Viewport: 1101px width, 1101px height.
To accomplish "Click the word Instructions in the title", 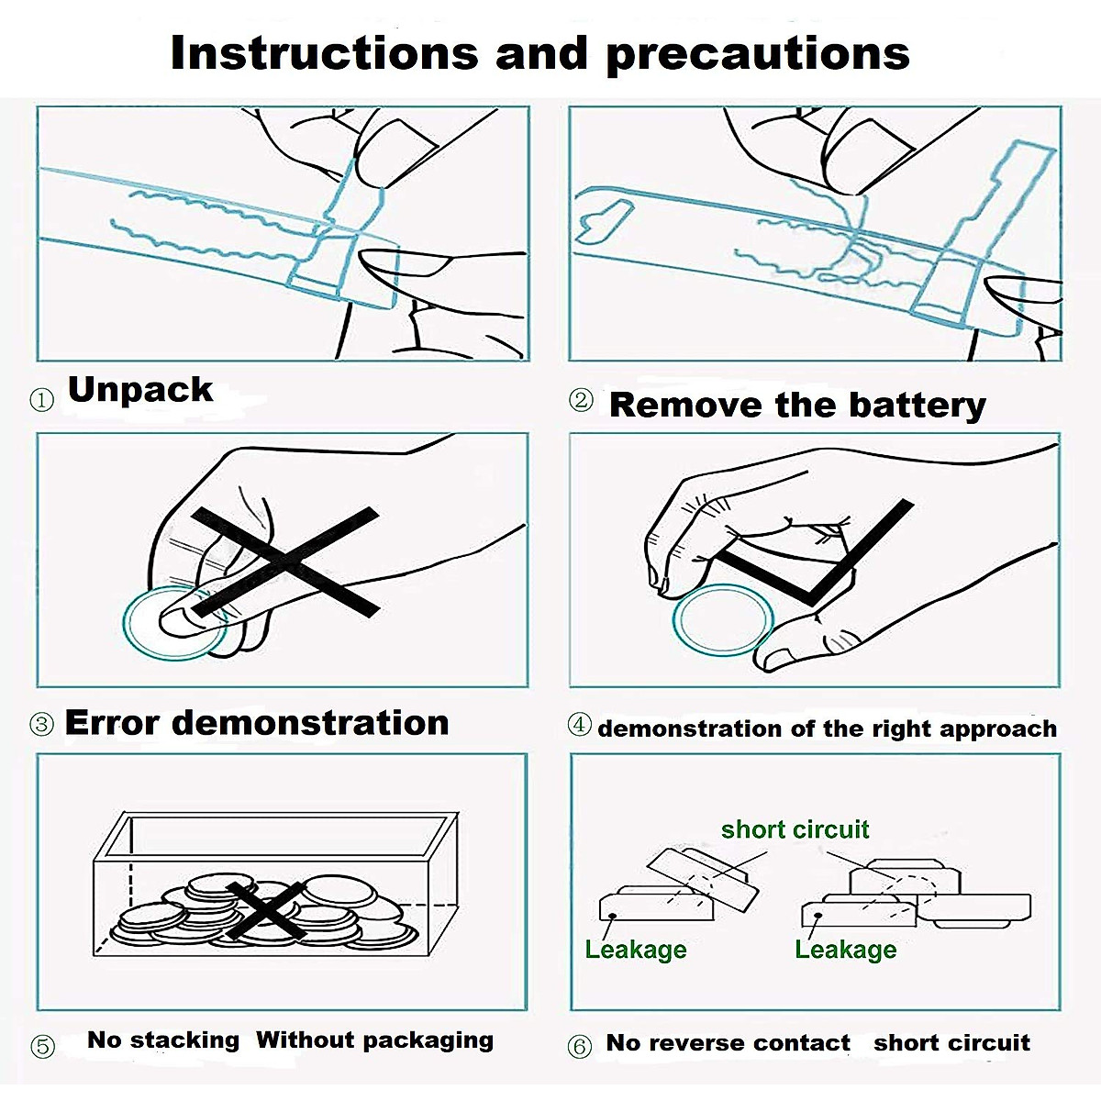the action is tap(324, 52).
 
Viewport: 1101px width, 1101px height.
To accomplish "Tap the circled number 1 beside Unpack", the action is tap(41, 399).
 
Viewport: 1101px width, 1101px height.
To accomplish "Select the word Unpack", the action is tap(140, 391).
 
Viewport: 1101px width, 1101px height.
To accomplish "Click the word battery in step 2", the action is tap(917, 406).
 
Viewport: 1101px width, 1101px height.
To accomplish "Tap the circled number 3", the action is tap(41, 725).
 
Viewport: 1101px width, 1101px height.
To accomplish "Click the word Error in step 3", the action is tap(112, 722).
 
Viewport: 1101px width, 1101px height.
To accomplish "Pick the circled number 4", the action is tap(579, 725).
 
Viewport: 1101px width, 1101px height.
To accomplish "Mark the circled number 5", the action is tap(42, 1046).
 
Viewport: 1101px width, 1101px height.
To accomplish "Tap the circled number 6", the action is tap(579, 1046).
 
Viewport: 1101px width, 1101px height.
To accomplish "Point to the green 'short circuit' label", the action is tap(795, 829).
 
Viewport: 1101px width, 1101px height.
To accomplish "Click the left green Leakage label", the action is tap(635, 950).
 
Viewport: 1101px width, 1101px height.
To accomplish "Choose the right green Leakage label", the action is tap(846, 950).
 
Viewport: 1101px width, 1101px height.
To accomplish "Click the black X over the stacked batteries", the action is tap(267, 911).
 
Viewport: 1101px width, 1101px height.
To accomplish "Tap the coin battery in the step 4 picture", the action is tap(723, 619).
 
